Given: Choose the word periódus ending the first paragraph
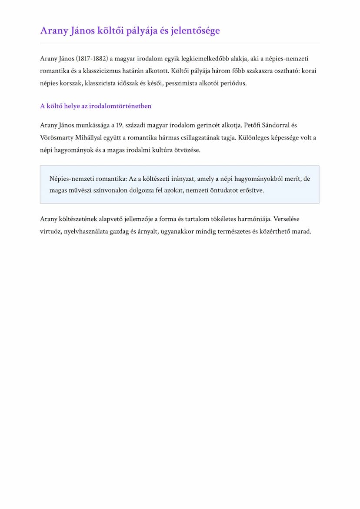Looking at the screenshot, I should click(235, 83).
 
